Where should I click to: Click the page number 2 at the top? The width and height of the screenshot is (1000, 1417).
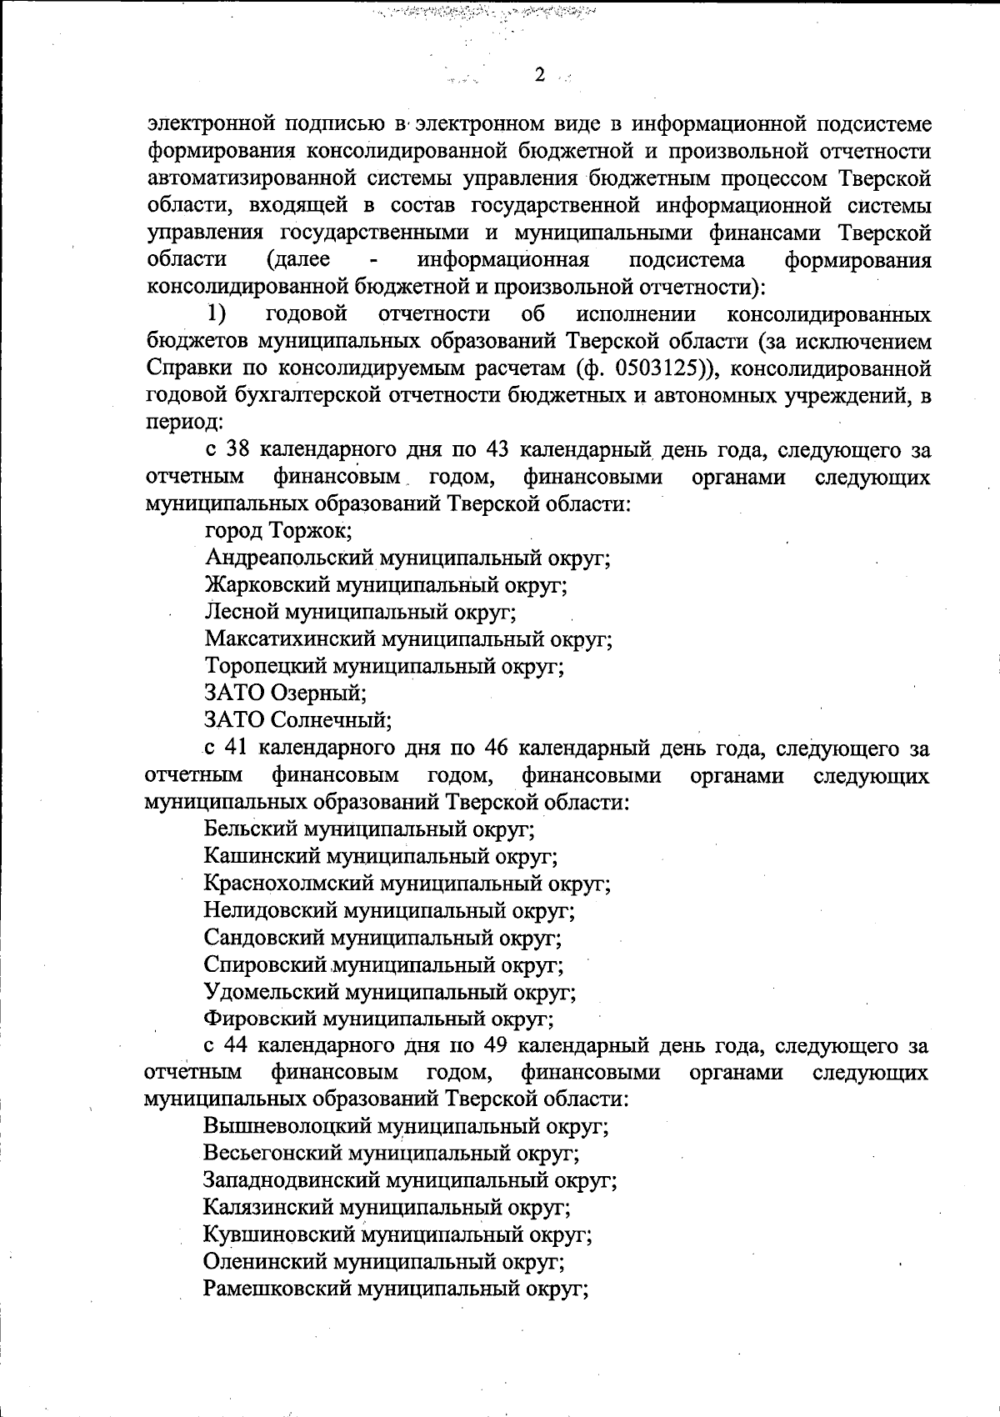pos(539,76)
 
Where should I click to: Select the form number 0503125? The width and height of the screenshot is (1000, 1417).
pos(659,368)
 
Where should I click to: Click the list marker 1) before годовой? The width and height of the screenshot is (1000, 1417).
pos(217,314)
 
